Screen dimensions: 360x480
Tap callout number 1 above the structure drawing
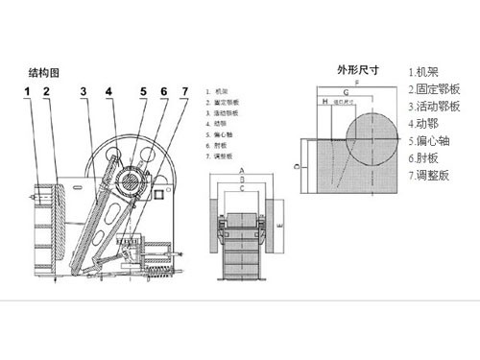point(29,91)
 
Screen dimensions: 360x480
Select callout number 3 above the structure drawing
point(84,91)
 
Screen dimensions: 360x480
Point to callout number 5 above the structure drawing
point(142,91)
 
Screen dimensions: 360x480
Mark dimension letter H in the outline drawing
point(325,100)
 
